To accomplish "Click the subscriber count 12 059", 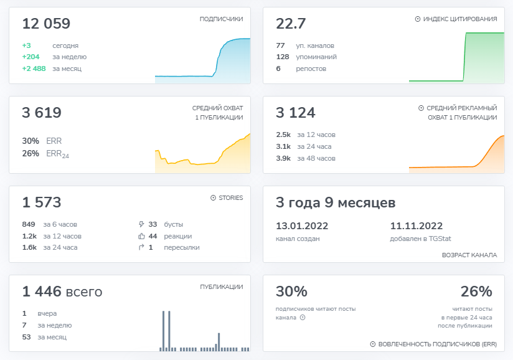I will click(x=46, y=24).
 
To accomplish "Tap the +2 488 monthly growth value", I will click(x=34, y=69).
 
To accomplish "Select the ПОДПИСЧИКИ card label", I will click(x=221, y=19).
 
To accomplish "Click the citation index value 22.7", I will click(x=291, y=24).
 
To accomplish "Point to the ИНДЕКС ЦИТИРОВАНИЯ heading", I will click(x=459, y=19).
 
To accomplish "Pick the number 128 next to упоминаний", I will click(x=283, y=57).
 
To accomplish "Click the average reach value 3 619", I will click(x=42, y=113).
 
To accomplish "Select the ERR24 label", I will click(x=57, y=154).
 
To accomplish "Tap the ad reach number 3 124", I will click(x=296, y=113).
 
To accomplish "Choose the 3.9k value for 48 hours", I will click(x=283, y=158).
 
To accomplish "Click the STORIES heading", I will click(x=230, y=198).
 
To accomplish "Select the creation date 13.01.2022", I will click(x=302, y=226).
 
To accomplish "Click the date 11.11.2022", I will click(x=417, y=226).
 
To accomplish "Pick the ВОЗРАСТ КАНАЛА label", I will click(x=469, y=255).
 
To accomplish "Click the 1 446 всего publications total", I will click(x=62, y=291).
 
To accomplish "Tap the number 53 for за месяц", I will click(x=27, y=337).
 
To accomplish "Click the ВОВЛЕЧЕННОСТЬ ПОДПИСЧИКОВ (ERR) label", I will click(x=436, y=344).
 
